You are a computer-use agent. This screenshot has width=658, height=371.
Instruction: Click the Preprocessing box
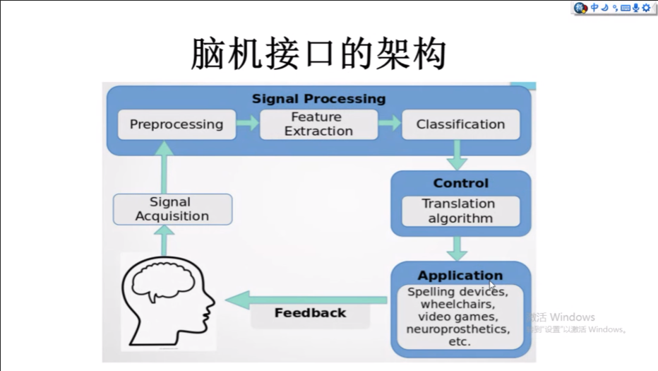pyautogui.click(x=176, y=124)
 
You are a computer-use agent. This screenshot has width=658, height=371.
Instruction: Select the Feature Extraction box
pyautogui.click(x=318, y=124)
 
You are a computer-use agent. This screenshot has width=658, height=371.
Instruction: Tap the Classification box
pyautogui.click(x=460, y=124)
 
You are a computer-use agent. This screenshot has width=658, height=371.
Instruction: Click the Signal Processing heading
pyautogui.click(x=318, y=99)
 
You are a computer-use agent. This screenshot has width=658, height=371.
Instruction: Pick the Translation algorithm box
pyautogui.click(x=460, y=211)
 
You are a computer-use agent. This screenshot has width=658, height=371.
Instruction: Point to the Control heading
pyautogui.click(x=460, y=183)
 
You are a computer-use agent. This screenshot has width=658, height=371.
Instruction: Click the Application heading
pyautogui.click(x=460, y=276)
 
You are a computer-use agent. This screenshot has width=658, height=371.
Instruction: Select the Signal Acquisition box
pyautogui.click(x=172, y=209)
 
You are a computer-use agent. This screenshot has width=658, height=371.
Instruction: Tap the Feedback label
pyautogui.click(x=310, y=313)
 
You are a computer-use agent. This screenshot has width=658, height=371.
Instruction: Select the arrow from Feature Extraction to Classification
pyautogui.click(x=389, y=124)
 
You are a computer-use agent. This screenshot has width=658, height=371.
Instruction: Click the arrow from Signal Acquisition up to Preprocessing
pyautogui.click(x=164, y=168)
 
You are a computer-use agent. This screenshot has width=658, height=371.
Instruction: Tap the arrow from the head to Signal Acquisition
pyautogui.click(x=164, y=240)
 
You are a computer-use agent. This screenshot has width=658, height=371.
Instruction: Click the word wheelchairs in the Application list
pyautogui.click(x=457, y=304)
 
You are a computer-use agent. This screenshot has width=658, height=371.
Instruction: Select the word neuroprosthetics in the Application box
pyautogui.click(x=457, y=329)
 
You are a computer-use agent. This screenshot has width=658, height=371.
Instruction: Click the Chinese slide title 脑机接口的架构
pyautogui.click(x=318, y=54)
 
